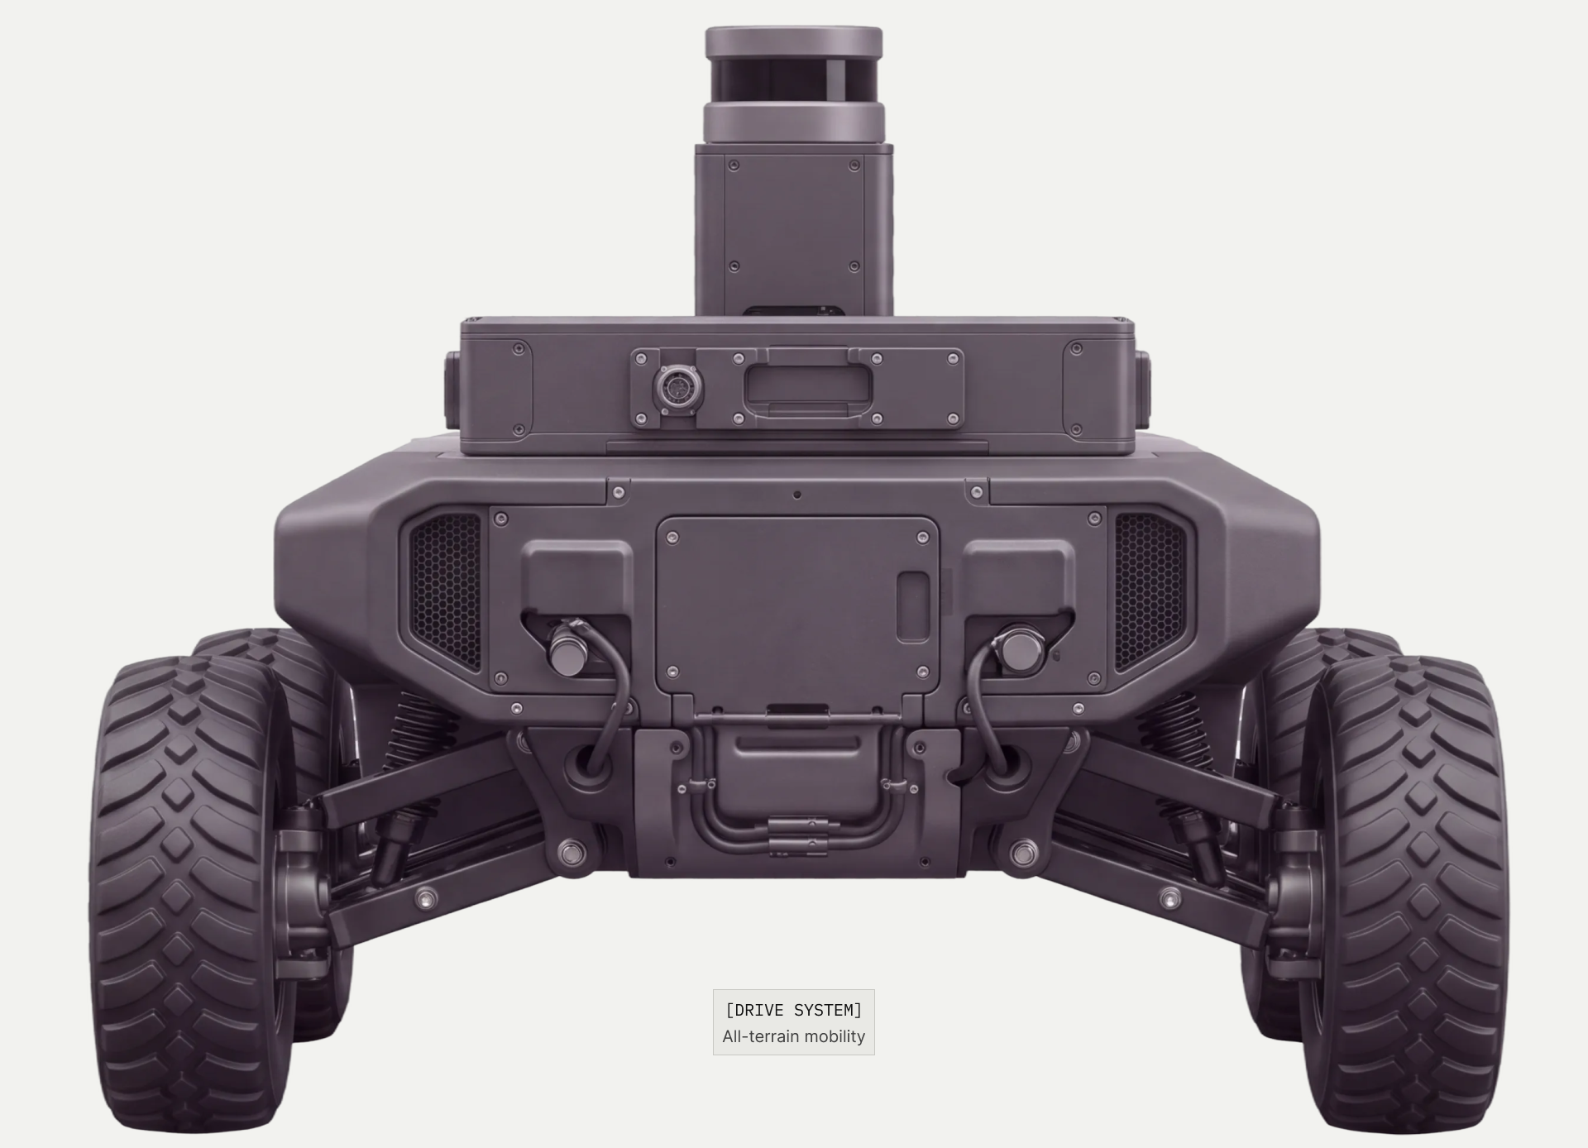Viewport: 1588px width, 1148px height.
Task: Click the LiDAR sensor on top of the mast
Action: tap(794, 85)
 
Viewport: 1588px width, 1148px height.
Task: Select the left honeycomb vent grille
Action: tap(445, 590)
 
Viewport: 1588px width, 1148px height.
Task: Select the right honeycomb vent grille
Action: tap(1150, 590)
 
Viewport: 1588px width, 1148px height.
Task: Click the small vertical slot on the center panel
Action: tap(913, 606)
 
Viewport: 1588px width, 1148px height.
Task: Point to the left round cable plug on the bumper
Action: tap(566, 648)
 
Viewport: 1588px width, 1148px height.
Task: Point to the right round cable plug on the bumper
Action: tap(1018, 648)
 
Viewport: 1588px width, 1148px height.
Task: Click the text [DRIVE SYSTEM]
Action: tap(794, 1010)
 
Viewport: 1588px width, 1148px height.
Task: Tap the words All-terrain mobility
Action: tap(794, 1036)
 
